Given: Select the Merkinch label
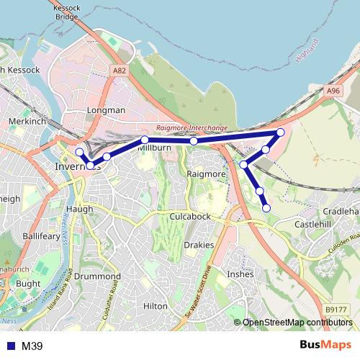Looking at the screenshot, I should point(27,122).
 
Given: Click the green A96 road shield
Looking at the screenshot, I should point(332,91).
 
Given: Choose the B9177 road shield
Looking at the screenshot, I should point(336,310).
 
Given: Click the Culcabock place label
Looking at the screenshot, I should point(190,216).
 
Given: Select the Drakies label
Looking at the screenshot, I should point(199,245).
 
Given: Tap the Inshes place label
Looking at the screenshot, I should point(240,274).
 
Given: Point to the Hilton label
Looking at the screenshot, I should point(155,306).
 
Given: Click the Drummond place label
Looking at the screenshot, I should point(97,276).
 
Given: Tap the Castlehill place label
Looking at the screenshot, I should point(313,225).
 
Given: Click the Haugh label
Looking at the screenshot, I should point(79,209).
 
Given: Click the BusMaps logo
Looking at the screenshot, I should point(325,346).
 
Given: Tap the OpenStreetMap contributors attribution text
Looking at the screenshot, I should point(297,323).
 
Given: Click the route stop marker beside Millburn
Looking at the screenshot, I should point(145,140).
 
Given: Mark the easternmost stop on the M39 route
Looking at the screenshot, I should point(281,132).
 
